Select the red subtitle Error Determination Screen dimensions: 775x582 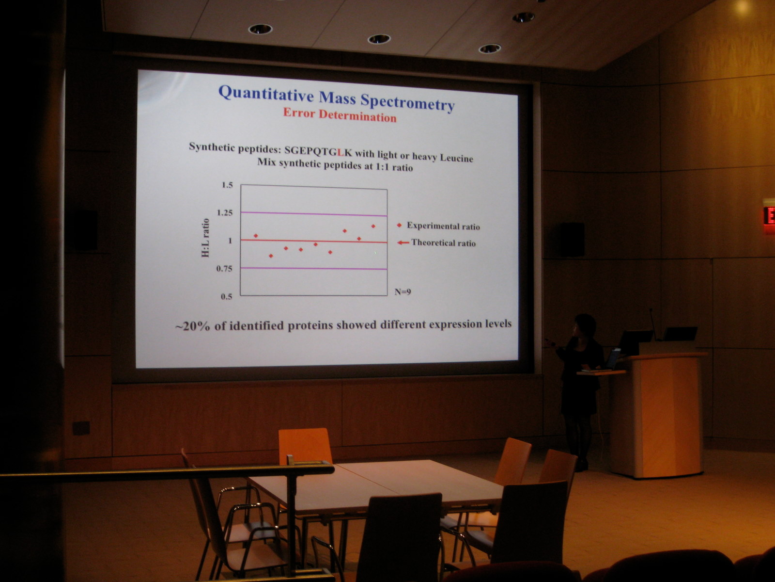tap(340, 115)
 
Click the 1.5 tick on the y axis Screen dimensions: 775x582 tap(227, 185)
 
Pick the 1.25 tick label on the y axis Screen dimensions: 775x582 tap(225, 213)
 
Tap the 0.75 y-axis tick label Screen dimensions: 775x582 tap(224, 269)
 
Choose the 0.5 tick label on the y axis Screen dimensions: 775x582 tap(226, 296)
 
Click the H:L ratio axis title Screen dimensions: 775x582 tap(205, 238)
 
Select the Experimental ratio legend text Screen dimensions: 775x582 tap(443, 226)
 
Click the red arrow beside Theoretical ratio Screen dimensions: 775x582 tap(403, 242)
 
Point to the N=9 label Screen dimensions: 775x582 tap(403, 292)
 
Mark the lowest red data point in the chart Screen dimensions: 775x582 tap(271, 256)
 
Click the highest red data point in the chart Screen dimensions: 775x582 tap(373, 226)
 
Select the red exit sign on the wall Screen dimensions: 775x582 tap(769, 215)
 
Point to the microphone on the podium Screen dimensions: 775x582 tap(653, 323)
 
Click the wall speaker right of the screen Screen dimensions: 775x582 tap(572, 240)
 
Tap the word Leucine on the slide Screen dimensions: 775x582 tap(456, 158)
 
